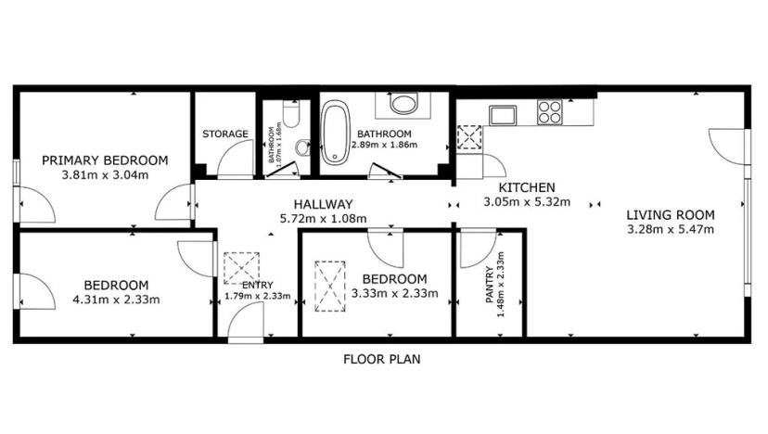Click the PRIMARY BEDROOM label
click(105, 160)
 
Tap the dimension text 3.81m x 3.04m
click(105, 174)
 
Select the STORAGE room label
click(225, 134)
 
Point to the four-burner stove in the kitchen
click(550, 112)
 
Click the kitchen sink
click(504, 115)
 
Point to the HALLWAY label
click(323, 204)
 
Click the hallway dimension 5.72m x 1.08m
click(323, 219)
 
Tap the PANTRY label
click(491, 285)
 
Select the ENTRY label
click(257, 285)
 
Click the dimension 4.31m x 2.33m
click(115, 299)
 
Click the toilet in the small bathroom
click(290, 115)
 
